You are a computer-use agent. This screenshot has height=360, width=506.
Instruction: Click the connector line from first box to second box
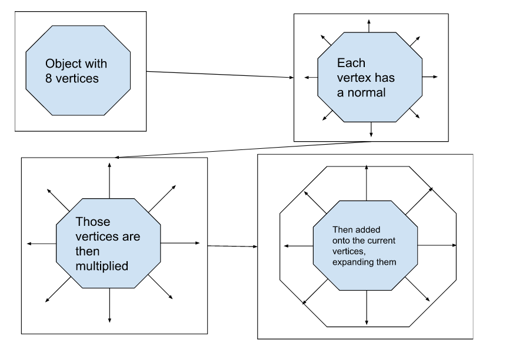(218, 75)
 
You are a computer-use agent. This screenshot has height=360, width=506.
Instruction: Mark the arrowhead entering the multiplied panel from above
(117, 157)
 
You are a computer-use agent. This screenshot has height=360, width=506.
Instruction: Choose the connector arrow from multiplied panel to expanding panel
(233, 245)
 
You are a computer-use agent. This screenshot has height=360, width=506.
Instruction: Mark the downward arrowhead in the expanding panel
(367, 322)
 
